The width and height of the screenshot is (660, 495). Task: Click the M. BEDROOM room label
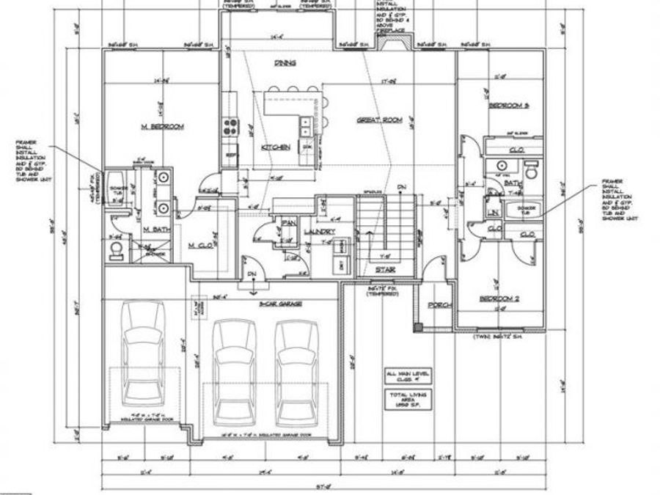click(x=162, y=127)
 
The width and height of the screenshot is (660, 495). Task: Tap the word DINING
click(x=285, y=63)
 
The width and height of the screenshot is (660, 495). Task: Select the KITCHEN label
click(x=275, y=147)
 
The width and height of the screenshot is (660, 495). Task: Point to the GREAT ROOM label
click(x=379, y=120)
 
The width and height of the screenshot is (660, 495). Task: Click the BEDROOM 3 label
click(x=508, y=106)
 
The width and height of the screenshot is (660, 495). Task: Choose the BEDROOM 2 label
click(x=499, y=298)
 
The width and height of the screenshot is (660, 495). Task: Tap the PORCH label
click(x=439, y=305)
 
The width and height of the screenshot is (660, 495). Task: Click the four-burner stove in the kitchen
click(x=232, y=126)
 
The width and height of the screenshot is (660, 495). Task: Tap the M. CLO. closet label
click(x=200, y=244)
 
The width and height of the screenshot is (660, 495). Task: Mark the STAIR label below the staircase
click(x=385, y=269)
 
